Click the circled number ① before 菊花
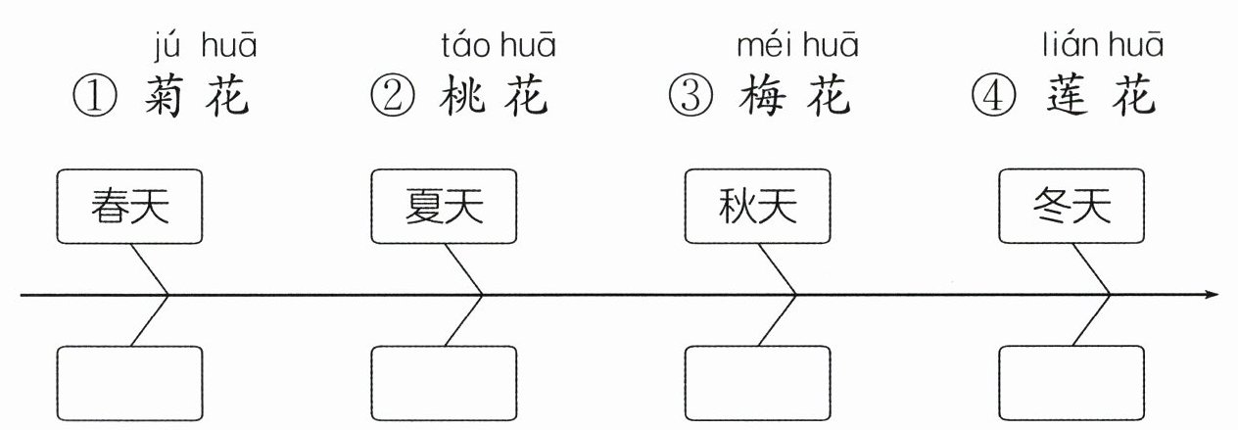96,98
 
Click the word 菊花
196,98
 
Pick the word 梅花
794,98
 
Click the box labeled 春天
130,207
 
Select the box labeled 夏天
444,207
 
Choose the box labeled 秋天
757,207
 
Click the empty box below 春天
130,383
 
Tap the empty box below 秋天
757,383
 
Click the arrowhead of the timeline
1213,294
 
